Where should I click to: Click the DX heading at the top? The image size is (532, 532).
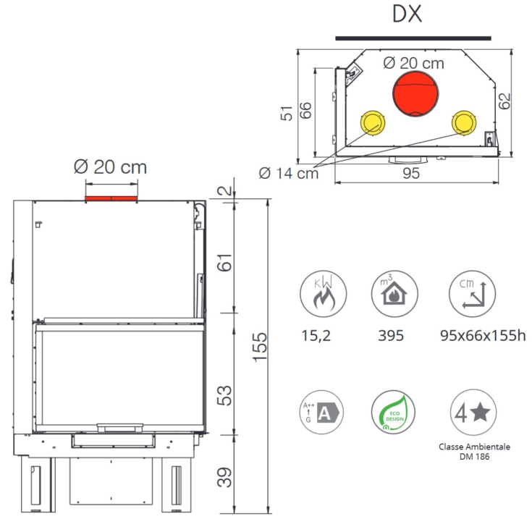click(407, 14)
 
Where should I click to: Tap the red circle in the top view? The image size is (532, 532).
click(415, 94)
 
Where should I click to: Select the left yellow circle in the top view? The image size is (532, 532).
click(373, 123)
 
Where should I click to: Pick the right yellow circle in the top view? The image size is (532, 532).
click(464, 122)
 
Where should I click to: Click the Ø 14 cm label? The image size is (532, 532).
click(289, 174)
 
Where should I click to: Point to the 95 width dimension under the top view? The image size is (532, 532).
click(411, 174)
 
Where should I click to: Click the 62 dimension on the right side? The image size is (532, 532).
click(505, 101)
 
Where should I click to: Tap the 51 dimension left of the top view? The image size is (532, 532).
click(287, 114)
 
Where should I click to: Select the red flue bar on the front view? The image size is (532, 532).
click(111, 198)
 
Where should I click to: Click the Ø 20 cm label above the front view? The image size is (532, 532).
click(110, 167)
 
